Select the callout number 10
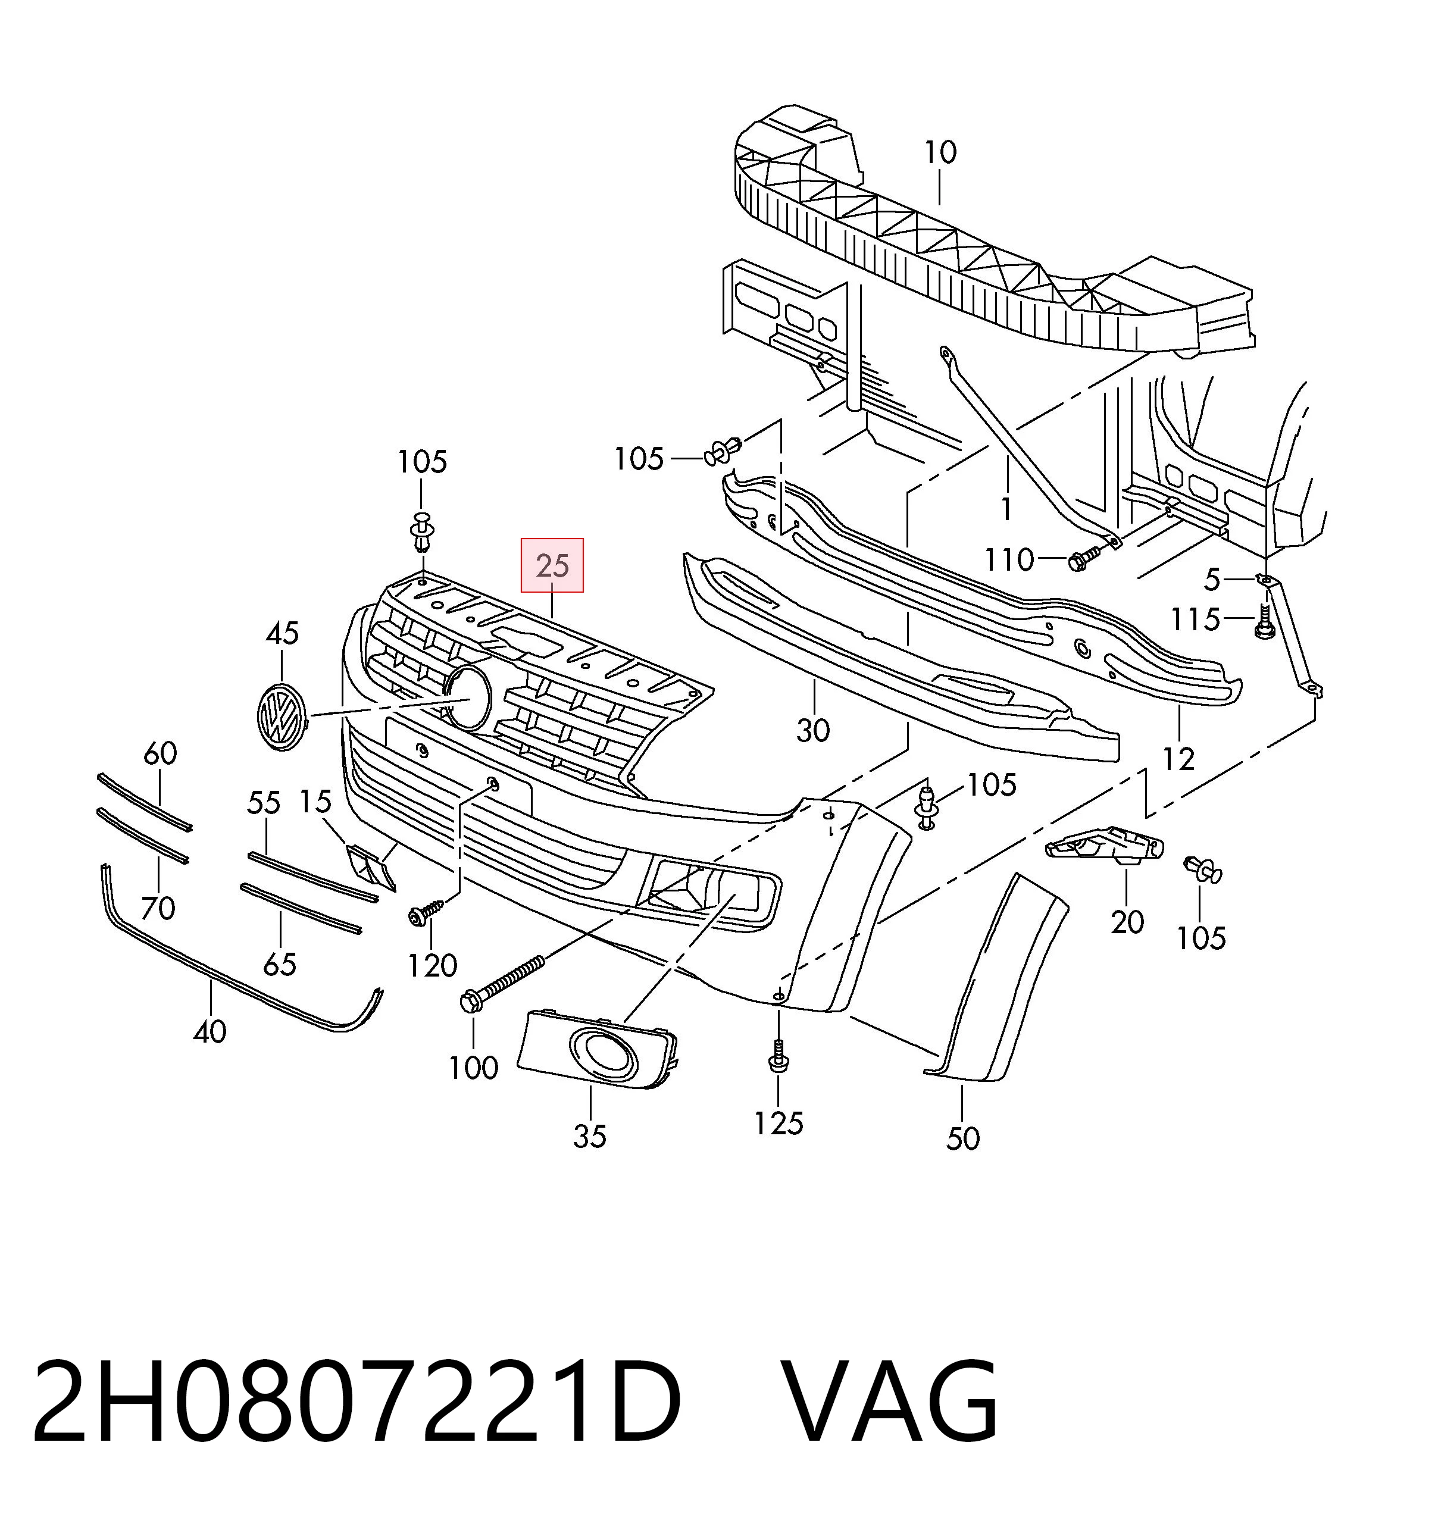pyautogui.click(x=940, y=152)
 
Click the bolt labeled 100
pyautogui.click(x=502, y=983)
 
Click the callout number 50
pyautogui.click(x=962, y=1138)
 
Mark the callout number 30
pyautogui.click(x=813, y=730)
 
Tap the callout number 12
pyautogui.click(x=1178, y=759)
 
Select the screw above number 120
pyautogui.click(x=426, y=912)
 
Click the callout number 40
pyautogui.click(x=210, y=1031)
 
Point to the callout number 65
pyautogui.click(x=280, y=963)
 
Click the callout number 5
pyautogui.click(x=1212, y=580)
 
